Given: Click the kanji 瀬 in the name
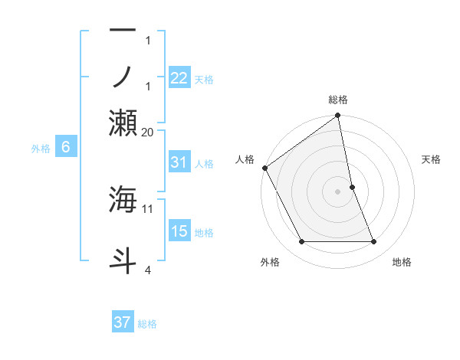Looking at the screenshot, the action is click(123, 123).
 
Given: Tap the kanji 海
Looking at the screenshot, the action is click(123, 199).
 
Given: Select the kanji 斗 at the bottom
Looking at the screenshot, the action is click(123, 261).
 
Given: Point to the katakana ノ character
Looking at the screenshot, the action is click(122, 77).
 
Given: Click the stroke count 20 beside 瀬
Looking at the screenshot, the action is click(147, 133).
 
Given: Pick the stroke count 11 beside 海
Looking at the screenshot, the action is click(147, 209).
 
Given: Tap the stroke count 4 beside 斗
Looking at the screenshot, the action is click(148, 270).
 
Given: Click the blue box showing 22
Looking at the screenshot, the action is click(179, 77).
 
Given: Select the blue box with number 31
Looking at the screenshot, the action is click(179, 162).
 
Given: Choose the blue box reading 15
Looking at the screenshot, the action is click(179, 230).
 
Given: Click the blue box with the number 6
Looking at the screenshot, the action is click(66, 146).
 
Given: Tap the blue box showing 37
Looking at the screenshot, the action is click(123, 321).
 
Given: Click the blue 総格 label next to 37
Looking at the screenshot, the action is click(147, 324).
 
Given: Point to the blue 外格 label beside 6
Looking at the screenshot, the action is click(41, 149).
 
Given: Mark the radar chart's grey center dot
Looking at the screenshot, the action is click(337, 191).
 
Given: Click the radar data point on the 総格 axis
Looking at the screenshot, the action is click(337, 115).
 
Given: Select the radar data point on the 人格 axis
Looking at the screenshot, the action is click(265, 168).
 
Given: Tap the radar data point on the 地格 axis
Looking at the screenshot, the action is click(374, 241).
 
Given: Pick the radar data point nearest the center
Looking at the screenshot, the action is click(353, 187).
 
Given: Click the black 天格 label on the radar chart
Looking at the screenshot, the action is click(431, 159).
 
